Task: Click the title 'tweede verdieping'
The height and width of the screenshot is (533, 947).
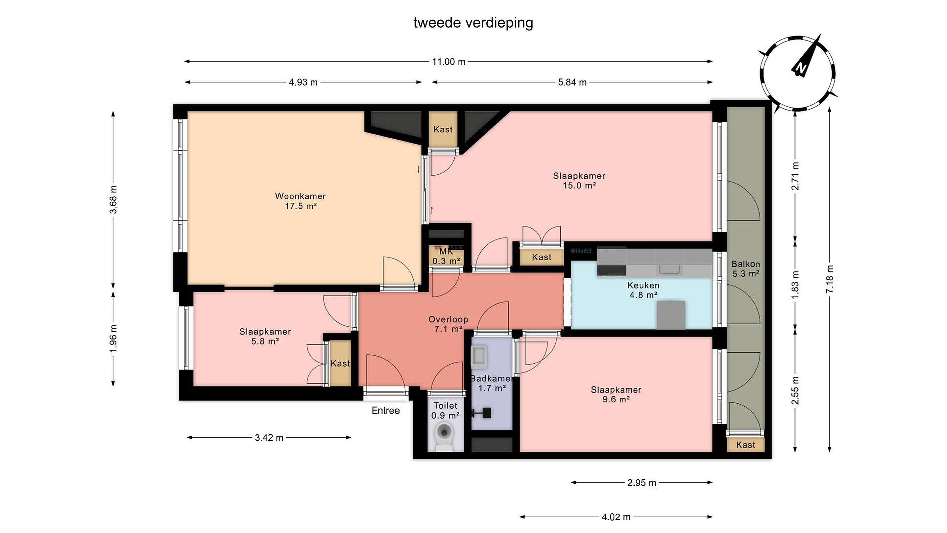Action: click(473, 23)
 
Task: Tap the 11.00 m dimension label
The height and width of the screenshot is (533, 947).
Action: click(449, 62)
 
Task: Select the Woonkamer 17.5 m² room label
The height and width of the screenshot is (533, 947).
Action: click(300, 201)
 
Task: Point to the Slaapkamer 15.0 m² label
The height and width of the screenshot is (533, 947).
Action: click(579, 181)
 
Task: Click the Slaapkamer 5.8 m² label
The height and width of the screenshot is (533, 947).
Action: click(265, 336)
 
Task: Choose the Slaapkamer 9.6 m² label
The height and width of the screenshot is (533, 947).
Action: click(616, 394)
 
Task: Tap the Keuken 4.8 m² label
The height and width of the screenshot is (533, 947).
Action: click(643, 290)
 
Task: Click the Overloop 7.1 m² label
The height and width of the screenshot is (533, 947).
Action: click(448, 324)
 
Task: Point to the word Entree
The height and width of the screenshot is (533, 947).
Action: click(386, 411)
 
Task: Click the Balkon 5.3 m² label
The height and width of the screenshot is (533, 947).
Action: click(745, 269)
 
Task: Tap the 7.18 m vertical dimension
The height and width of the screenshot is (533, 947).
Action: click(829, 280)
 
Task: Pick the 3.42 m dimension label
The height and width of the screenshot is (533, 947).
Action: click(269, 438)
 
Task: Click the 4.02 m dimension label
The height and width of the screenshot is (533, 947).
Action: click(616, 517)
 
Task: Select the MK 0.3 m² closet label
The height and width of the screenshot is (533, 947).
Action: click(446, 256)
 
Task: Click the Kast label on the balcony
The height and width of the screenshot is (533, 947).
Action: click(745, 445)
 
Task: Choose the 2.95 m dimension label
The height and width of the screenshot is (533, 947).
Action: click(642, 483)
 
